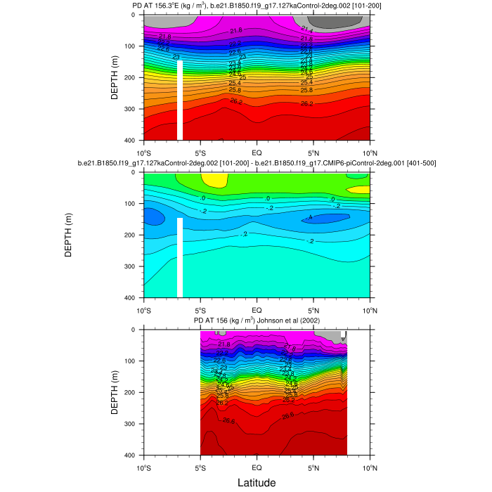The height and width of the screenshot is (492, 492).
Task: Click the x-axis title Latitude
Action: (256, 482)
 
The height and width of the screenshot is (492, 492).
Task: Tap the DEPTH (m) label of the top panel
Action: (115, 77)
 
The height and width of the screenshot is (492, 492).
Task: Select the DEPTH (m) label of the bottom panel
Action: (115, 391)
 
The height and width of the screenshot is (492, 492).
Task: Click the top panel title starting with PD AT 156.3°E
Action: (257, 6)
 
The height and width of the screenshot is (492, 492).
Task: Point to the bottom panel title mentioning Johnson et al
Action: (257, 321)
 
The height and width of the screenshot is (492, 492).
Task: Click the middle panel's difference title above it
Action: (257, 164)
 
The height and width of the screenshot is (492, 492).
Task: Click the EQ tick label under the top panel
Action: (257, 152)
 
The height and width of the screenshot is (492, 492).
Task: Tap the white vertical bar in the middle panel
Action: (180, 257)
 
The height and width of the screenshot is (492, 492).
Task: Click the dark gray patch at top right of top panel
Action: (336, 21)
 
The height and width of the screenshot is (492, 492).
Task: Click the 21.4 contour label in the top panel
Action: (306, 30)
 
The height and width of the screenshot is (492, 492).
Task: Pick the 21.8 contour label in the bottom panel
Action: (224, 344)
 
